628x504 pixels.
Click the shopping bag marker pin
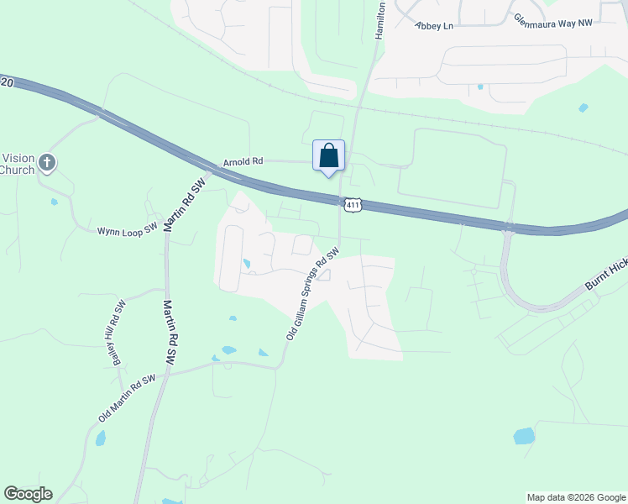[x=328, y=156]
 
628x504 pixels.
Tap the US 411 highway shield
[x=353, y=204]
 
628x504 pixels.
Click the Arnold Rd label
[x=243, y=160]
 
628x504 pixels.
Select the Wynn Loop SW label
[x=127, y=229]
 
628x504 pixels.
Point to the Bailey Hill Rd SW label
[x=118, y=331]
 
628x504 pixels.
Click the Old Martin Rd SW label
[x=127, y=399]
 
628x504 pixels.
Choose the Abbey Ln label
[x=434, y=26]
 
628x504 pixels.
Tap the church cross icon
[x=47, y=163]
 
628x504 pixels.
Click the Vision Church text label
[x=17, y=164]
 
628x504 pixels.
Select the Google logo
[x=28, y=494]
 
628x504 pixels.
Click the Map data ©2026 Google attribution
[x=576, y=497]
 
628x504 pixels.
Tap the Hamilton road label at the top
[x=380, y=19]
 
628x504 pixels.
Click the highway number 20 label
[x=8, y=82]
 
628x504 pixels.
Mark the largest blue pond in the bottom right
[x=524, y=436]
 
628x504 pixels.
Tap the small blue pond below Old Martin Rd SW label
[x=101, y=438]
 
